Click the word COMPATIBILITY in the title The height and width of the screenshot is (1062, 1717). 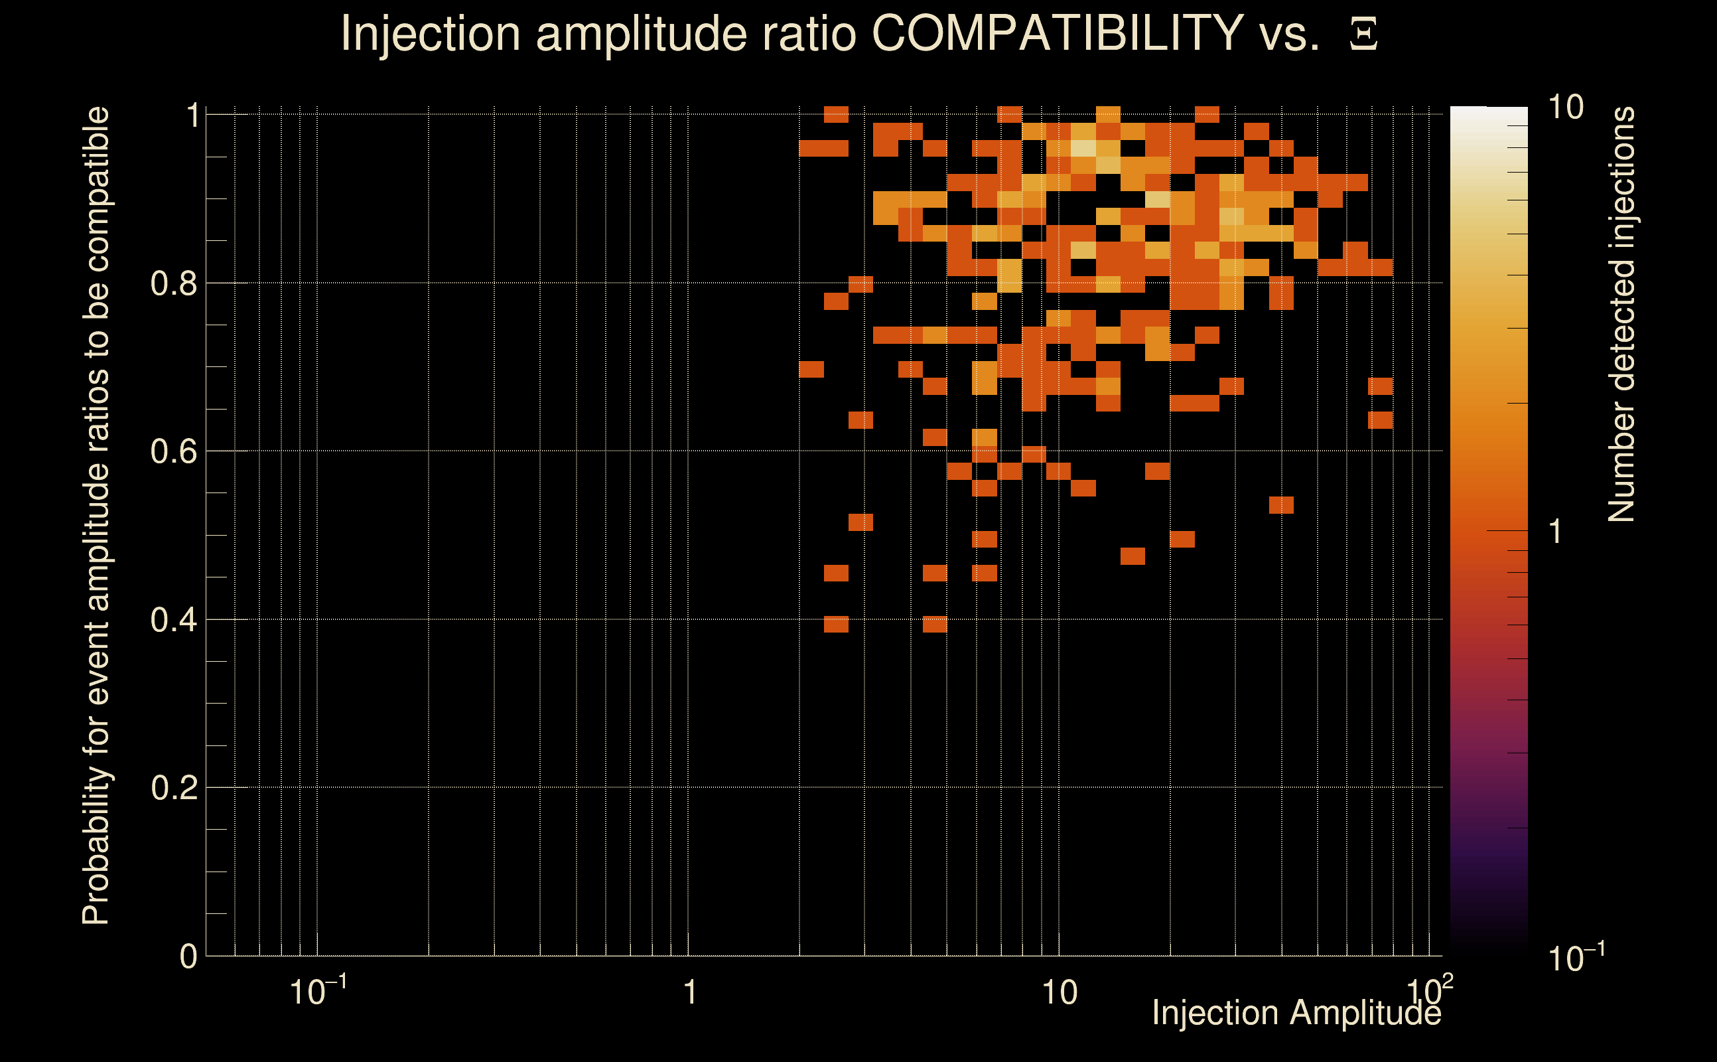pos(1057,33)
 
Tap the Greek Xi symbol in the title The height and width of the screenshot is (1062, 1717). pos(1363,35)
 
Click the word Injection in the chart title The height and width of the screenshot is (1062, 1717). pos(431,35)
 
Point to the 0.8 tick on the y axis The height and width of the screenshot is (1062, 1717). pos(173,284)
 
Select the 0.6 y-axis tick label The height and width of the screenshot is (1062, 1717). pos(173,451)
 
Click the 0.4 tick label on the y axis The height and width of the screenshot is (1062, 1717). pos(173,620)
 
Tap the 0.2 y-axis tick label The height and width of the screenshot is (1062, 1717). pos(173,788)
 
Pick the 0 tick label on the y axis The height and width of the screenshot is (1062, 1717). pos(188,956)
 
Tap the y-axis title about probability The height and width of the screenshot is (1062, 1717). pos(96,516)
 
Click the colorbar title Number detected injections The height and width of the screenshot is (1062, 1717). pos(1621,315)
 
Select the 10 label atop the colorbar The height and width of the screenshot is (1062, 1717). pos(1565,108)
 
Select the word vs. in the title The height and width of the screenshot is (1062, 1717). pos(1290,35)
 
